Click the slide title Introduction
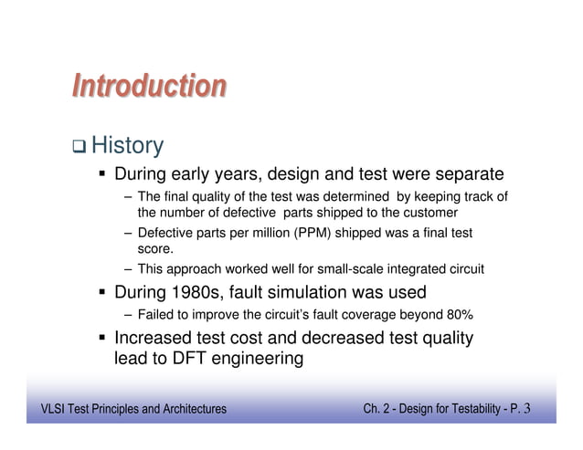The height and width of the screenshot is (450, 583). tap(149, 87)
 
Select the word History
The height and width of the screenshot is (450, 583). tap(128, 145)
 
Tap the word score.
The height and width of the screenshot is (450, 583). tap(154, 248)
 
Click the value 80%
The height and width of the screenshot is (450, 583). tap(457, 316)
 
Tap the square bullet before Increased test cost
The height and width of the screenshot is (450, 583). tap(102, 340)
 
